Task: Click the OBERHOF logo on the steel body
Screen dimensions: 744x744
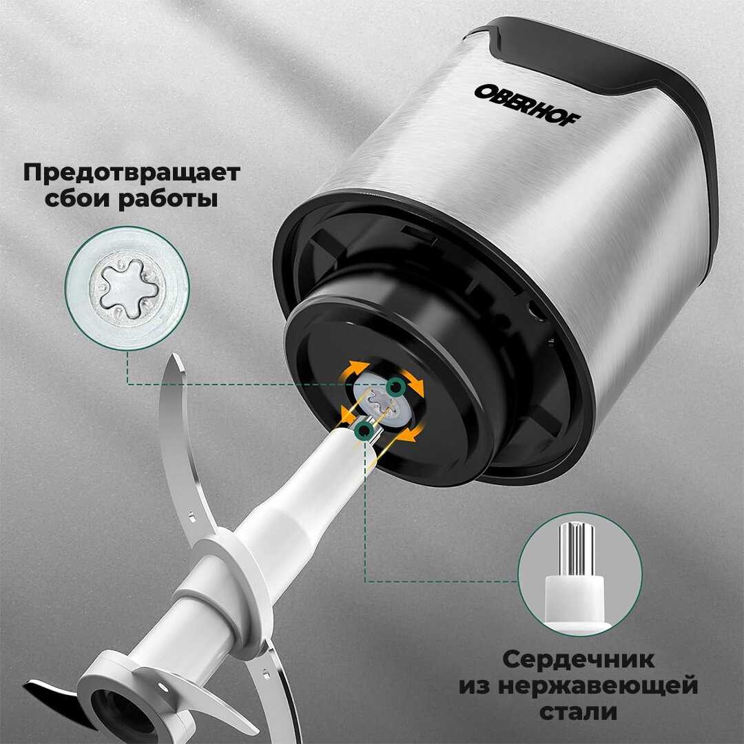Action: tap(527, 105)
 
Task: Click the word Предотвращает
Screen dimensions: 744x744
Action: tap(132, 173)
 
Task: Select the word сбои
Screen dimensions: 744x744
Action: tap(76, 198)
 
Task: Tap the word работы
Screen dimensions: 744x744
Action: tap(169, 199)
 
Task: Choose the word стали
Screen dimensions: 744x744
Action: tap(579, 712)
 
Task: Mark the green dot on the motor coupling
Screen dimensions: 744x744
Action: tap(395, 387)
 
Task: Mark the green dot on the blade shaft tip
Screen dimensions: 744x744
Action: tap(364, 431)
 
